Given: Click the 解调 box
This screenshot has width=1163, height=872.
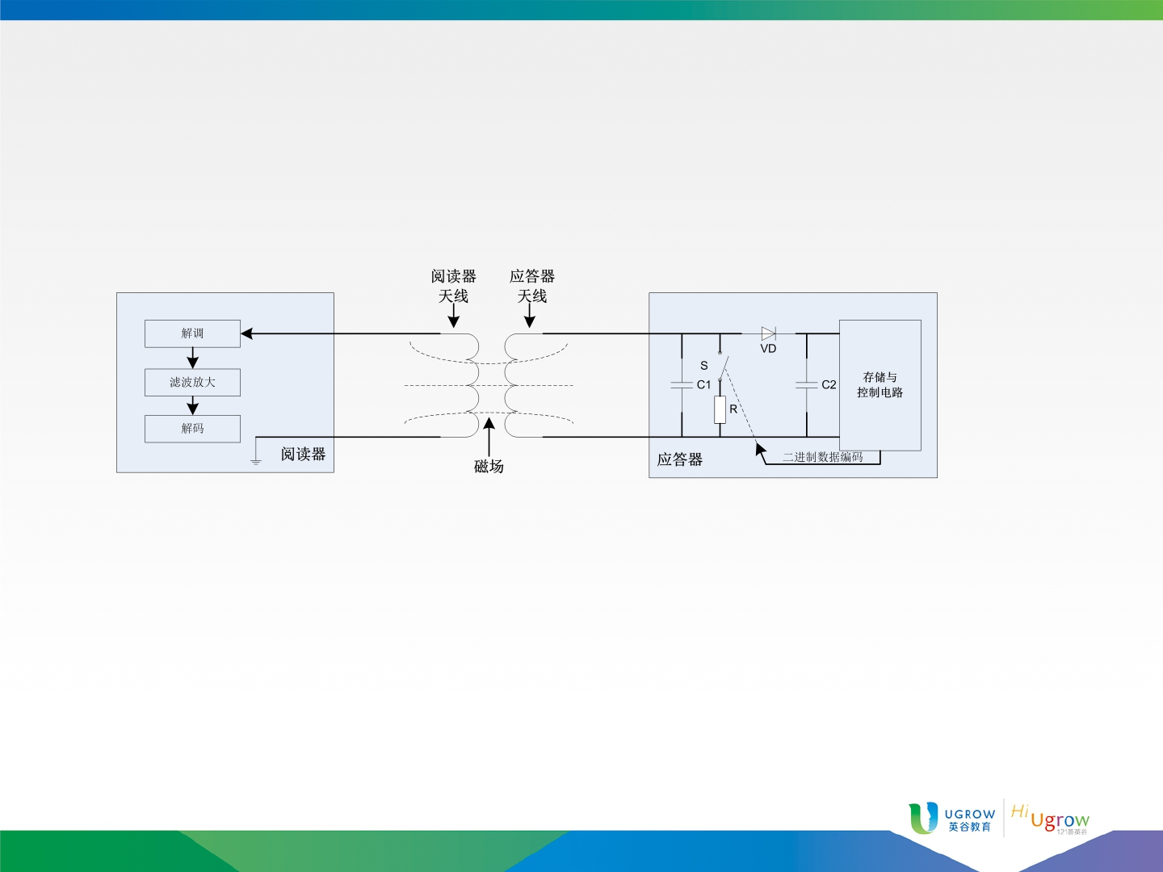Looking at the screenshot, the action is coord(192,333).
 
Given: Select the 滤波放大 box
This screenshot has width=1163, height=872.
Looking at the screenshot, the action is coord(192,382).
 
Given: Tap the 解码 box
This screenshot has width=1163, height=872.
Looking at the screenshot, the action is coord(192,429).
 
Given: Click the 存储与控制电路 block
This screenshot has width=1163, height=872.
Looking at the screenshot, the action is coord(880,385).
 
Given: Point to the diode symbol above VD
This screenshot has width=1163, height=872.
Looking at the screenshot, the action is coord(768,333).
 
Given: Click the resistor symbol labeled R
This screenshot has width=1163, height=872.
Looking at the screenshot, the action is coord(720,410).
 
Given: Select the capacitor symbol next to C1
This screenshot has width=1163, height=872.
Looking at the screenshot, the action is coord(682,385).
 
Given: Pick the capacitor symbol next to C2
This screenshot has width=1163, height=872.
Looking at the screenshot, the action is coord(806,385).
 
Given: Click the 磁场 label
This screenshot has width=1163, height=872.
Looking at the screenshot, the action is coord(489,467).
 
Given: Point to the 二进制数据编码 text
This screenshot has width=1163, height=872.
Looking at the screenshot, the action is coord(823,457).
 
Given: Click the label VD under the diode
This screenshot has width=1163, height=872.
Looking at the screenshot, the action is coord(768,349).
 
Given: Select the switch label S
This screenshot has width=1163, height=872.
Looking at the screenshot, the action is coord(704,366).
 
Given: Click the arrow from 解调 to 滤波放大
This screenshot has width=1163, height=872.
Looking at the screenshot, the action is coord(192,358).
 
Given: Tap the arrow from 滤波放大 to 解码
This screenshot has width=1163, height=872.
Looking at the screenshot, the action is coord(192,405).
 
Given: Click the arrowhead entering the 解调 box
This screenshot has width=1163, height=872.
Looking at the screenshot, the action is coord(246,333).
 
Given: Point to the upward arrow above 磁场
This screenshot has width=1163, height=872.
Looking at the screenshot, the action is coord(489,438).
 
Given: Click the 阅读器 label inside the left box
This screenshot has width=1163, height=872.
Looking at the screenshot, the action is coord(303,455).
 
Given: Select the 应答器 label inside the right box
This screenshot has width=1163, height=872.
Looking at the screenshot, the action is coord(680,459).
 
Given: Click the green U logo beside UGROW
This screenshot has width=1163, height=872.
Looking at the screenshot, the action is coord(923,818).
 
